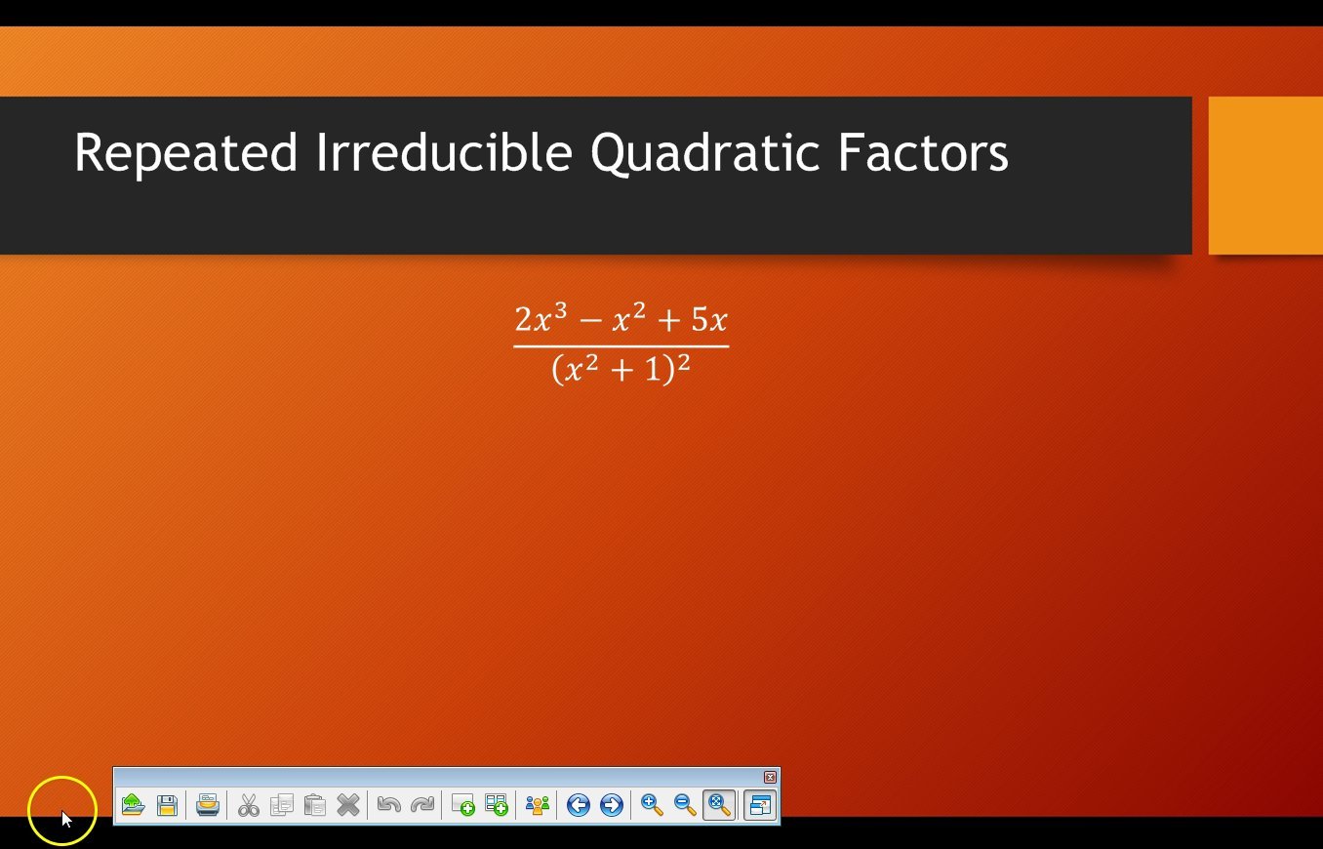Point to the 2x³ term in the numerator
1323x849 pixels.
pos(541,318)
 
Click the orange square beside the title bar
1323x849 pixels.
pos(1265,176)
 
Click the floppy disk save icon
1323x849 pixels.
pos(167,805)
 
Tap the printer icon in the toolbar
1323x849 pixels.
pos(207,805)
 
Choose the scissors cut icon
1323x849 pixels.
pos(249,805)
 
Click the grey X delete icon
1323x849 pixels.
pos(347,805)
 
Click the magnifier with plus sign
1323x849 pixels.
pos(652,805)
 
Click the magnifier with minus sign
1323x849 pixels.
pos(685,805)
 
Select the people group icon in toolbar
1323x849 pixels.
pos(538,805)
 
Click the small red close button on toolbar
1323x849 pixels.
pos(770,777)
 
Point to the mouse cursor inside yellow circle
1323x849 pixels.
pos(65,818)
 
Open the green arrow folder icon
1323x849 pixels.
pos(133,805)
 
